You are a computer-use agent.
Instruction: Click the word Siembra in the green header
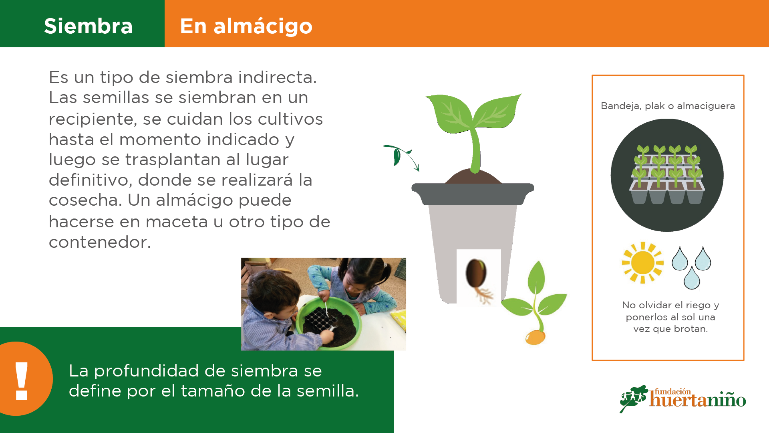[88, 26]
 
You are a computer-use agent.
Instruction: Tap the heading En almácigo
[246, 27]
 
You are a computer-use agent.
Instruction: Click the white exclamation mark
[21, 380]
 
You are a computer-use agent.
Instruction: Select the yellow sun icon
[642, 263]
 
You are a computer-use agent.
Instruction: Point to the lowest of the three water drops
[692, 279]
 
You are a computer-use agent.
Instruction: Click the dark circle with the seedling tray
[667, 175]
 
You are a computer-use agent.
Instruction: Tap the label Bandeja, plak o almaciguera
[668, 106]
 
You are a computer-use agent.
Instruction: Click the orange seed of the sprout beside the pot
[535, 337]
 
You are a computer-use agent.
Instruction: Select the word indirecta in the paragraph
[277, 77]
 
